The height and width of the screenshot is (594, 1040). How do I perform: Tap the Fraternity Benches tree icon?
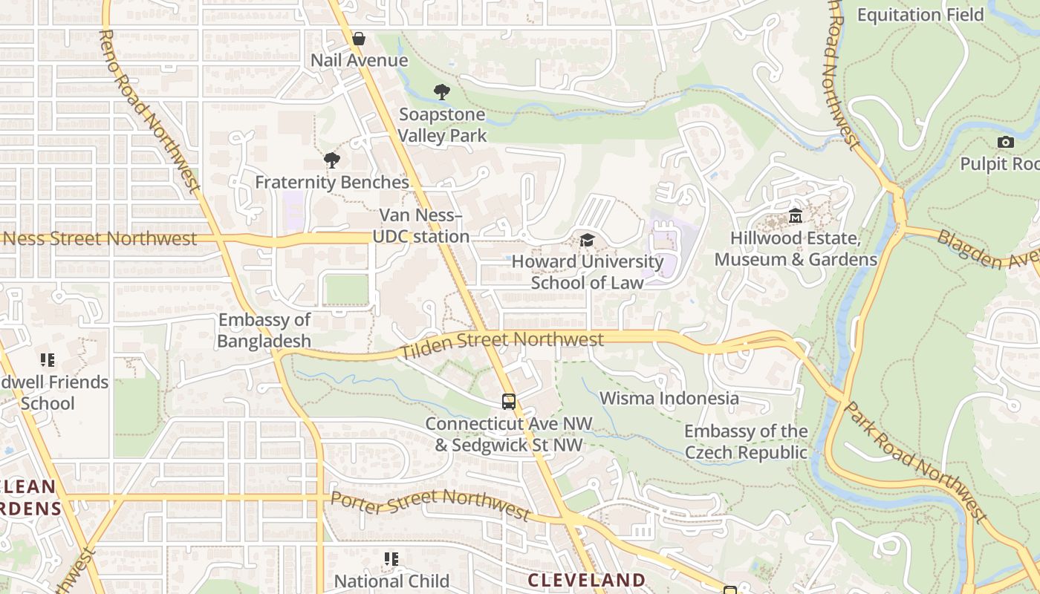point(332,160)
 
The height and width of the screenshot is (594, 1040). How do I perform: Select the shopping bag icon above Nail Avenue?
point(359,39)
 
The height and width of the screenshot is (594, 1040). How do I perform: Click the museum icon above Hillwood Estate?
point(796,216)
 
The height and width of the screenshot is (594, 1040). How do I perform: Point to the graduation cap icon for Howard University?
point(587,240)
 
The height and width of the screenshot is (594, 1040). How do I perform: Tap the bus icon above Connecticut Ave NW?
point(509,402)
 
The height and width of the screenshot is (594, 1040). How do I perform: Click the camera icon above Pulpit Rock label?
point(1006,142)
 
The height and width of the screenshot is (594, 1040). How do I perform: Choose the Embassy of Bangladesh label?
point(264,330)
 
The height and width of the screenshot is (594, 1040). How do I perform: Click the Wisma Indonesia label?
point(669,398)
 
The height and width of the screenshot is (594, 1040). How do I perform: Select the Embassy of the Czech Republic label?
point(746,442)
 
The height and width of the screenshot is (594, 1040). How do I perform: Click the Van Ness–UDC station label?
point(420,226)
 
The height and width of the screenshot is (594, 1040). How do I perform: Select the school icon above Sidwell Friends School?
point(48,361)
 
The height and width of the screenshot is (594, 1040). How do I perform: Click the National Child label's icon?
point(391,559)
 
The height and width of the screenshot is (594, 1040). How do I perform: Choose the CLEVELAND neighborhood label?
point(586,580)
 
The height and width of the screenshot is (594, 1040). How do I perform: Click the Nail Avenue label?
point(359,61)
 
